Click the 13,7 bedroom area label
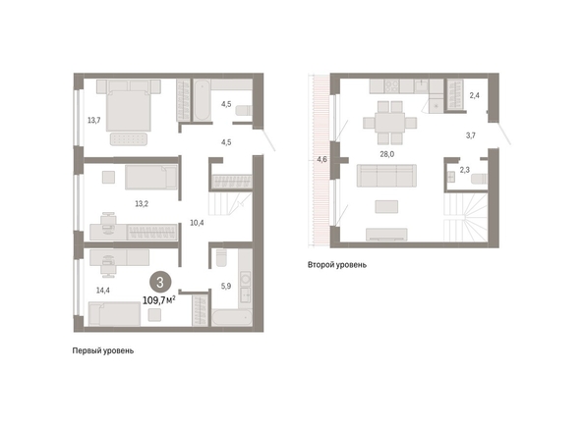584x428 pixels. pyautogui.click(x=93, y=120)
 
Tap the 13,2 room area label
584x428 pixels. pyautogui.click(x=142, y=204)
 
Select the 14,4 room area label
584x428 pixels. pyautogui.click(x=103, y=290)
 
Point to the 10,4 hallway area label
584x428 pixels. pyautogui.click(x=197, y=223)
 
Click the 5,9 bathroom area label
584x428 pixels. pyautogui.click(x=226, y=286)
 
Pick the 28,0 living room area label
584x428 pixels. pyautogui.click(x=387, y=154)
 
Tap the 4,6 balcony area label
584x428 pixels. pyautogui.click(x=321, y=160)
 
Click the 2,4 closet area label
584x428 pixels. pyautogui.click(x=474, y=95)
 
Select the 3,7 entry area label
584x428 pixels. pyautogui.click(x=470, y=135)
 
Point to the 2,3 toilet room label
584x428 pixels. pyautogui.click(x=464, y=170)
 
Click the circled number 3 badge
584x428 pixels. pyautogui.click(x=160, y=283)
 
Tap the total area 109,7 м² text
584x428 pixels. pyautogui.click(x=159, y=300)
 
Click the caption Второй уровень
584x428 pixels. pyautogui.click(x=336, y=265)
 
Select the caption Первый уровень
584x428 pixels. pyautogui.click(x=103, y=351)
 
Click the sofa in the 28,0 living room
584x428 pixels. pyautogui.click(x=386, y=176)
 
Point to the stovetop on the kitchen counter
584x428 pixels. pyautogui.click(x=391, y=86)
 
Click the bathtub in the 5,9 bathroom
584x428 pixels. pyautogui.click(x=232, y=317)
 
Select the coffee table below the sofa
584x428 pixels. pyautogui.click(x=386, y=207)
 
